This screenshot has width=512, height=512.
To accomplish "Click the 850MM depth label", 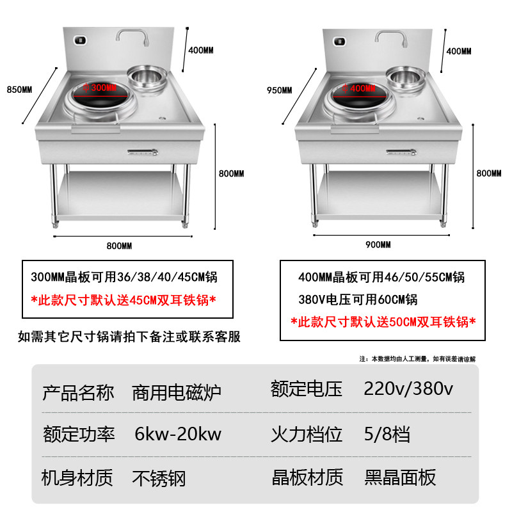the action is (19, 90).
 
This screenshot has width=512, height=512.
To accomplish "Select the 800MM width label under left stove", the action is (119, 246).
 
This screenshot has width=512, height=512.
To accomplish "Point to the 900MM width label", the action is (377, 245).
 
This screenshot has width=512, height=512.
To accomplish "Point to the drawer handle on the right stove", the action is (401, 152).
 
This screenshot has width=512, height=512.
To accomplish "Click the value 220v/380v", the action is (408, 389).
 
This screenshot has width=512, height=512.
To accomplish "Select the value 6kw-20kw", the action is (178, 435).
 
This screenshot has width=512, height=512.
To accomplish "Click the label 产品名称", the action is (78, 391).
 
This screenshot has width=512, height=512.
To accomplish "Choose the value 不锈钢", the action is (159, 477).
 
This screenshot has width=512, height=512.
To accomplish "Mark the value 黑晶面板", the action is (400, 477).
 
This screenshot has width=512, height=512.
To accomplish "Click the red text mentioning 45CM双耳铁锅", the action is (124, 299).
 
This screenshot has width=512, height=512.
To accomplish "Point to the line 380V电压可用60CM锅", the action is (358, 300).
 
